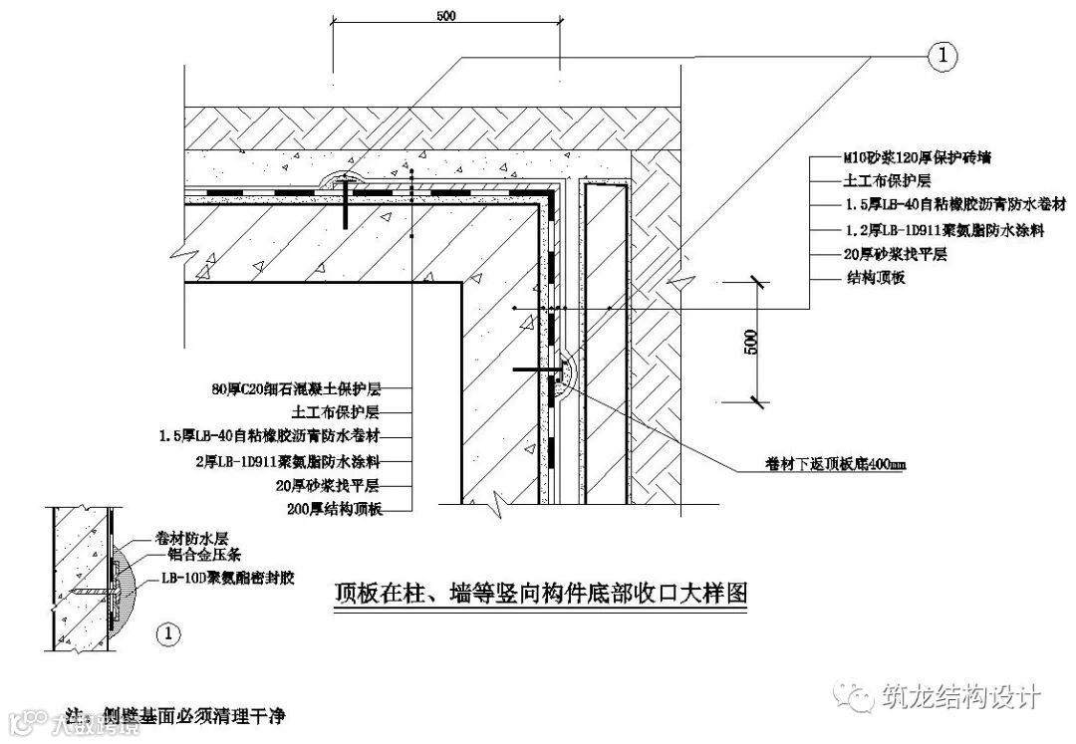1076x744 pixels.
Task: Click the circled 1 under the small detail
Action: (170, 630)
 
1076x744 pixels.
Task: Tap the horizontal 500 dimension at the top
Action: (447, 16)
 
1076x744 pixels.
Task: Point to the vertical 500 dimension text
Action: (752, 343)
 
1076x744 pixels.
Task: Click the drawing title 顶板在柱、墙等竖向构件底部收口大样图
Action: (538, 594)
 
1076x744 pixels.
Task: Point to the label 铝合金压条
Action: (193, 552)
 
